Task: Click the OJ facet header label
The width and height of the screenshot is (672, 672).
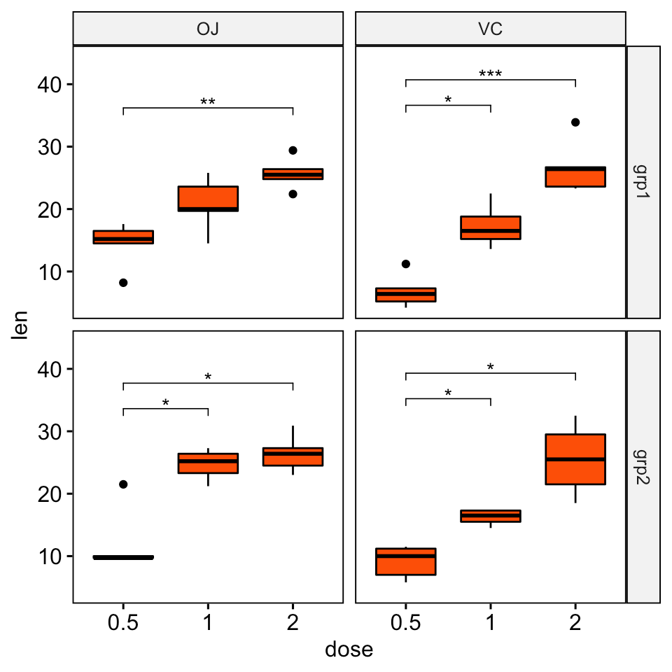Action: [208, 29]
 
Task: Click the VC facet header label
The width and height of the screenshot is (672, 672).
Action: [490, 29]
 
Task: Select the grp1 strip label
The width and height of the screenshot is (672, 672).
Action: [643, 182]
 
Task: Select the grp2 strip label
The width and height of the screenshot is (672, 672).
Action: [643, 466]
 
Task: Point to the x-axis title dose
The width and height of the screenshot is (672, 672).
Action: [349, 650]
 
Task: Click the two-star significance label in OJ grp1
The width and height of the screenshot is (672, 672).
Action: [208, 102]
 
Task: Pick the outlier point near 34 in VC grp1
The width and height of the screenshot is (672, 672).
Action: [575, 122]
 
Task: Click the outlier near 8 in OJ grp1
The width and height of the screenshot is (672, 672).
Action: [123, 283]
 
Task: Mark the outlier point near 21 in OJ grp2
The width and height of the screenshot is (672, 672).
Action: [123, 484]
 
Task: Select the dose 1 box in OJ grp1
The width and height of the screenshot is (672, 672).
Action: [208, 199]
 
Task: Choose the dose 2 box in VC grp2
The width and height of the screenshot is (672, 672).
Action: [575, 459]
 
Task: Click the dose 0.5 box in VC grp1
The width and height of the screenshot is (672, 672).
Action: [406, 295]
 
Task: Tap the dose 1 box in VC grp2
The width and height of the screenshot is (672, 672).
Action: [491, 517]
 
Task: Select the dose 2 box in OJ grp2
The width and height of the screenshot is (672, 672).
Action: [293, 456]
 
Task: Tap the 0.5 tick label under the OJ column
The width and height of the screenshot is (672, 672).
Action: [123, 622]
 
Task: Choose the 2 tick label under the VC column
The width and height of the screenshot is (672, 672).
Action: [575, 622]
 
